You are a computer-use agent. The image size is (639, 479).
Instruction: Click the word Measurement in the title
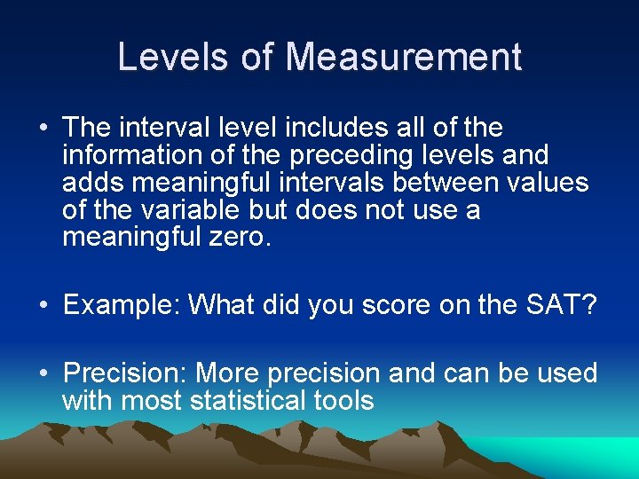[403, 58]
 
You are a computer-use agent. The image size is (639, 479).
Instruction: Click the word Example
[122, 305]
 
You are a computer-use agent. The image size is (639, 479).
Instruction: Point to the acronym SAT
[556, 305]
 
